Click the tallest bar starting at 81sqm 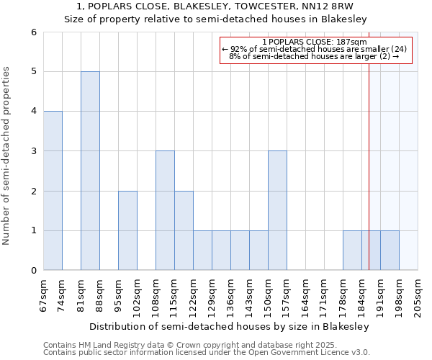tap(90, 171)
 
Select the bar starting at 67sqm tap(53, 191)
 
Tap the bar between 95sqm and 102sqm tap(127, 230)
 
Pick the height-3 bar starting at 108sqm tap(165, 210)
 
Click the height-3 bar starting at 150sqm tap(277, 210)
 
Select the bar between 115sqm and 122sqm tap(184, 230)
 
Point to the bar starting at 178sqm tap(352, 251)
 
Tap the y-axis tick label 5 tap(33, 72)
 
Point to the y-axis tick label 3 tap(33, 151)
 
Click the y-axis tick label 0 tap(33, 271)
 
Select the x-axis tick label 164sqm tap(305, 294)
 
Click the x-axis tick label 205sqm tap(418, 294)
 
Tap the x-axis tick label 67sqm tap(43, 294)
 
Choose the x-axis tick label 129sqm tap(212, 294)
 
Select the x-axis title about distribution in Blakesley tap(230, 326)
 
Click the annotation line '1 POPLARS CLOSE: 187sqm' tap(315, 42)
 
